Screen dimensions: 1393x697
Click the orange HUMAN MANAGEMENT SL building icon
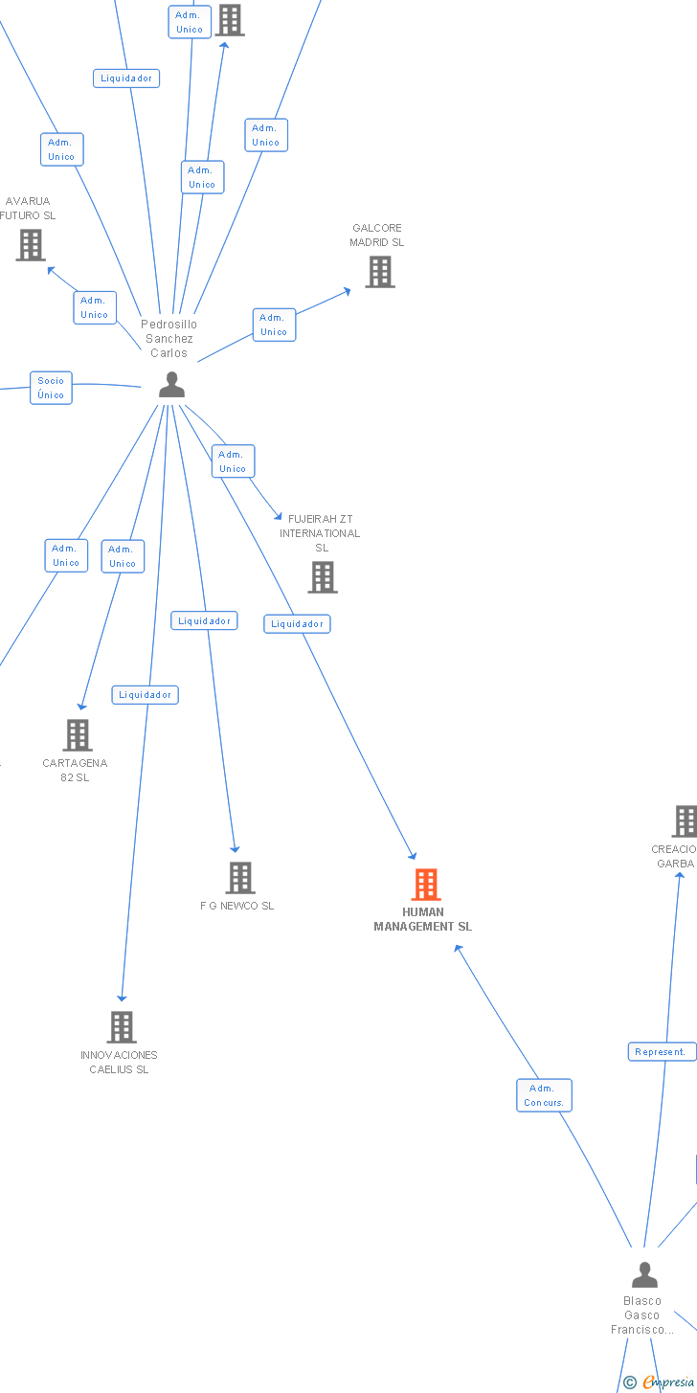pos(426,885)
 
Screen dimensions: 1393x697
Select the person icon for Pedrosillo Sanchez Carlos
pos(171,385)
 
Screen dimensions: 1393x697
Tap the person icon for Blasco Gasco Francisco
pos(645,1275)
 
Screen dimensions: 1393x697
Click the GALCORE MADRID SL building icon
pos(380,272)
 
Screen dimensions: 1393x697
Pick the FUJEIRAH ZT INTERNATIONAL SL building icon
pos(323,577)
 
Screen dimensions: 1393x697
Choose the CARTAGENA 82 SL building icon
pos(78,735)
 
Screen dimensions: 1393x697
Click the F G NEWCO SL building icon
pos(239,878)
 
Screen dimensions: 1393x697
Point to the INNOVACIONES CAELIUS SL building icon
pos(122,1027)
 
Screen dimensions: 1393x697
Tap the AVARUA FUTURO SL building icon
pos(31,245)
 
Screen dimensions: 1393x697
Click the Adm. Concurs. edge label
pos(544,1095)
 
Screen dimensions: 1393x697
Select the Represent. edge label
pos(662,1052)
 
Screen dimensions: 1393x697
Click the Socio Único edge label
pos(51,388)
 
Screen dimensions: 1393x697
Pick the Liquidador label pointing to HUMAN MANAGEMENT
pos(297,624)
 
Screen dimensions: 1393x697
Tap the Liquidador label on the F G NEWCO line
pos(204,621)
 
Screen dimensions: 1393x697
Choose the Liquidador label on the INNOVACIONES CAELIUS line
pos(145,695)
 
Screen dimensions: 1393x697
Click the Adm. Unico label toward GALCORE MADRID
pos(274,325)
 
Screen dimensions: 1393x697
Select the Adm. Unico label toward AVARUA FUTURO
pos(95,307)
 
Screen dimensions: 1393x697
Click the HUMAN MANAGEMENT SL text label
pos(423,919)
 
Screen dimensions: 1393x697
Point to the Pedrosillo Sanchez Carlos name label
pos(169,339)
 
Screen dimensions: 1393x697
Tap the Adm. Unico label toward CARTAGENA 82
pos(123,556)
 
